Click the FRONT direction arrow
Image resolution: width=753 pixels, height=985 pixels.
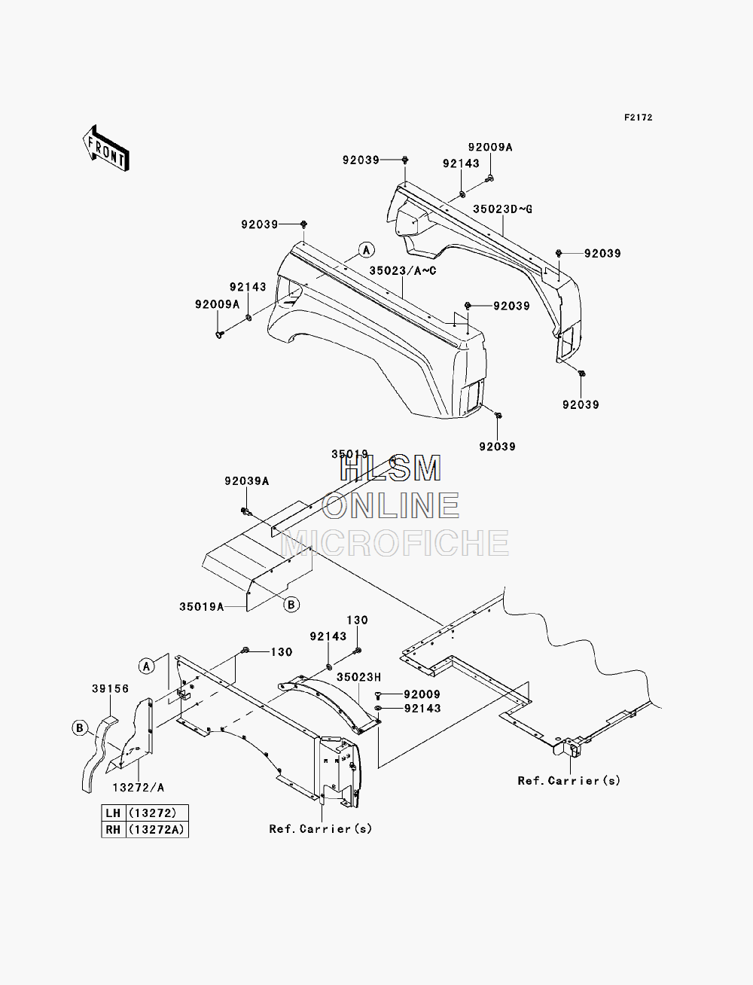pos(106,148)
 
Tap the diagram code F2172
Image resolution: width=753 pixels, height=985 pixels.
pos(638,117)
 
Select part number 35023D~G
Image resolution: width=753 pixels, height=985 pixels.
pos(502,209)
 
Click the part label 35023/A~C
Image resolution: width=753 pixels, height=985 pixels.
pos(403,270)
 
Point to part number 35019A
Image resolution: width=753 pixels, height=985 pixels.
pos(202,607)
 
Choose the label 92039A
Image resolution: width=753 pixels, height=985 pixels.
pos(247,481)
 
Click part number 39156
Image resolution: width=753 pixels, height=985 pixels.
pos(111,688)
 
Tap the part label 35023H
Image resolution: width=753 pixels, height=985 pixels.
pos(358,677)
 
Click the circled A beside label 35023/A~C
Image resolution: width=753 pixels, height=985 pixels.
pos(367,249)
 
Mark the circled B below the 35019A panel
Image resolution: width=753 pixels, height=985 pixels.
pos(291,605)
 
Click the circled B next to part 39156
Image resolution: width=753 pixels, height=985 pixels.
pos(79,727)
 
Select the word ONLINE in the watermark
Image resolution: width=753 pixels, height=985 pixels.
pos(390,505)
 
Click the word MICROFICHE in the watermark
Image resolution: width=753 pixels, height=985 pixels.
pos(395,543)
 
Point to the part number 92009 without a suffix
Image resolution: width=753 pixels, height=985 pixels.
pos(422,694)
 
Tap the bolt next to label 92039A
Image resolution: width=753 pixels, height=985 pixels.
pos(246,511)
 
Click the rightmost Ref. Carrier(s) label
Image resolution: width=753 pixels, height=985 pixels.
pos(569,780)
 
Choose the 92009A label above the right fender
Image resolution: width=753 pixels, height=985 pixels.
pos(490,147)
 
